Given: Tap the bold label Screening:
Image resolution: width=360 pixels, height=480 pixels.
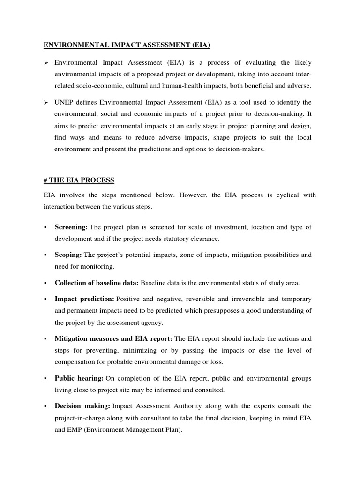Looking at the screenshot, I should click(x=71, y=227).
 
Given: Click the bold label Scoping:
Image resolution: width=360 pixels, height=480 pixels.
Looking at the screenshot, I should click(x=68, y=255).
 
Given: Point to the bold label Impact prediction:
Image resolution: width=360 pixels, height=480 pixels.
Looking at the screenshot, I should click(x=84, y=299).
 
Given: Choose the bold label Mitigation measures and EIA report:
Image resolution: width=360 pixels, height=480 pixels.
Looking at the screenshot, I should click(x=113, y=338).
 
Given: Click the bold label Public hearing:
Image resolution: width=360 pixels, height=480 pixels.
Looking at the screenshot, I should click(x=79, y=378).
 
